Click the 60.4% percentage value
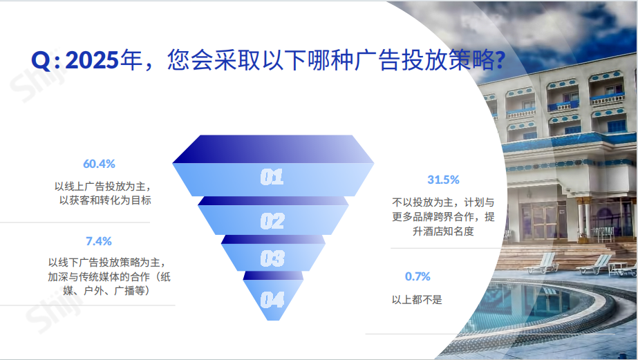tap(99, 164)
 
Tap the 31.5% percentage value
tap(443, 180)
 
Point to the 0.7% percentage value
tap(417, 276)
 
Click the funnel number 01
tap(272, 177)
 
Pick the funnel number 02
tap(272, 221)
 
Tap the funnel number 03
tap(272, 259)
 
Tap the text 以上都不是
tap(417, 300)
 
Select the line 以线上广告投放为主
tap(102, 187)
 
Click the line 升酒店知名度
tap(443, 231)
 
